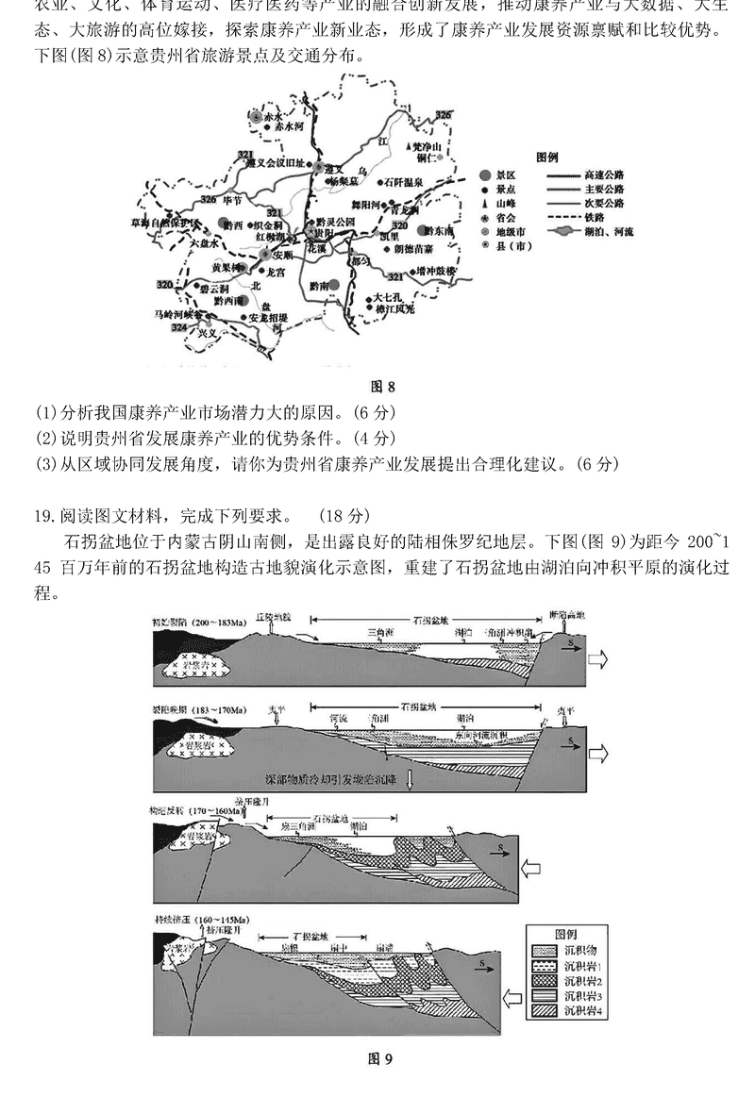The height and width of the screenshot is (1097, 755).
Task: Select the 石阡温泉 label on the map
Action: (x=407, y=181)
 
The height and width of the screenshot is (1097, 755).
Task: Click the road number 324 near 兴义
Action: (x=179, y=326)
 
